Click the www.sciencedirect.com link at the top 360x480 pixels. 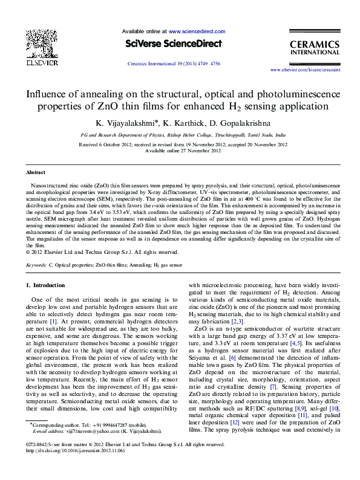[x=197, y=31]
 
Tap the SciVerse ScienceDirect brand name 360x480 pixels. [x=174, y=44]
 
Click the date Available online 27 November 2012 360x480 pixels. [x=180, y=151]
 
